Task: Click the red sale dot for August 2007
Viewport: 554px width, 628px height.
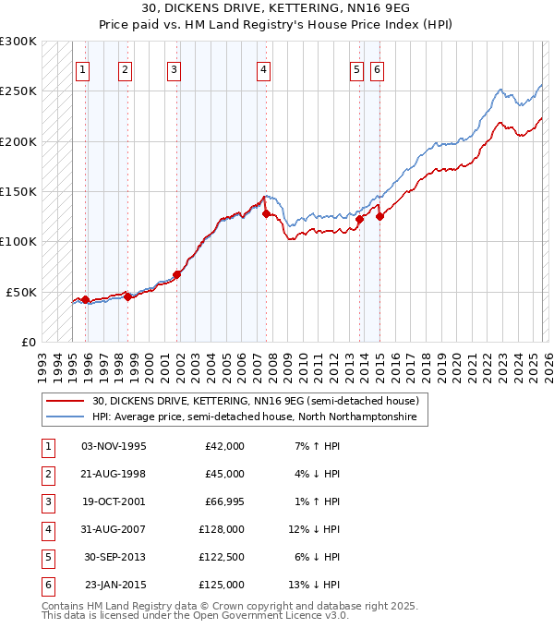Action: (266, 213)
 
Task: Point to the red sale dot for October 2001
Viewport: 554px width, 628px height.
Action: (176, 274)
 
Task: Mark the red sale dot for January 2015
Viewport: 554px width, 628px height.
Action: (379, 217)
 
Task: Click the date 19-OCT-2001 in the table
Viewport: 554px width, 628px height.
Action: (114, 501)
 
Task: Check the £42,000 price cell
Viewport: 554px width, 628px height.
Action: (222, 446)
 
